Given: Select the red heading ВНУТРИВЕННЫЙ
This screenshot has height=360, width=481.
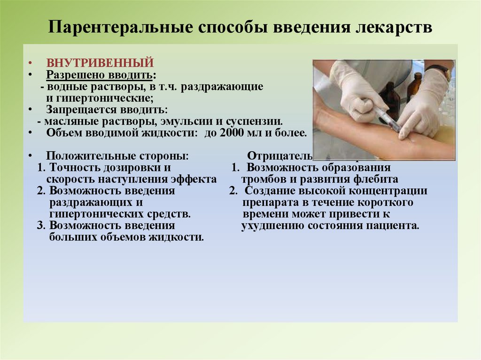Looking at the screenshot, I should pos(100,63).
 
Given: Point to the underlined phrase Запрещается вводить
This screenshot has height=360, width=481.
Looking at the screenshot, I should pos(107,110).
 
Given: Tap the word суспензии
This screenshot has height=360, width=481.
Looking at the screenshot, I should pos(256,121).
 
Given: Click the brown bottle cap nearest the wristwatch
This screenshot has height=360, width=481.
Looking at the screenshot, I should pos(417,77).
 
